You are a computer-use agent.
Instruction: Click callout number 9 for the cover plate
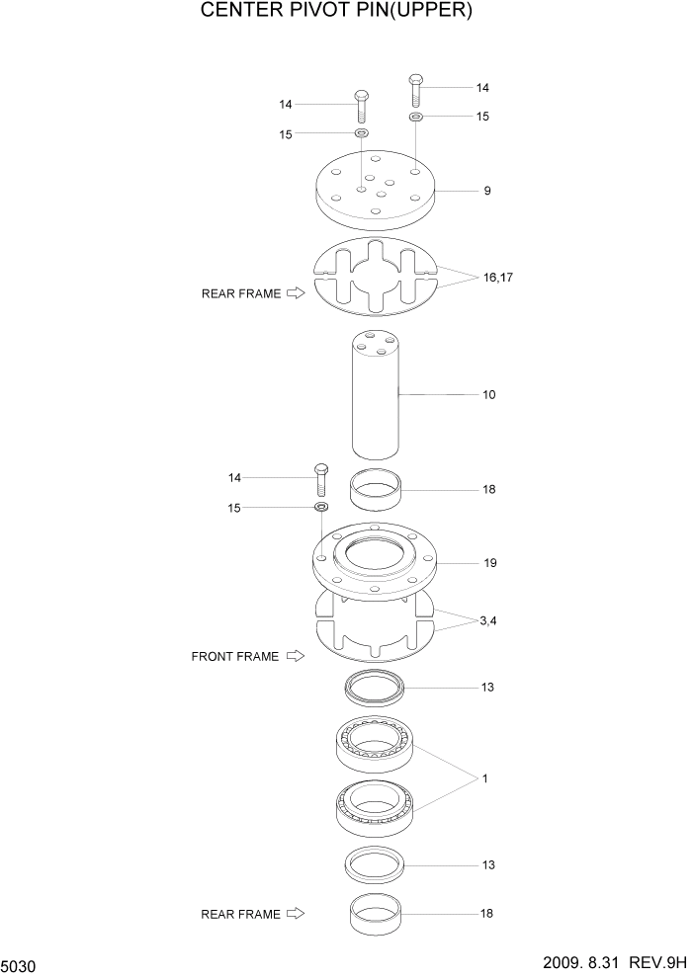coord(487,190)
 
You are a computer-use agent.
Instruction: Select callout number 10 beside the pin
coord(488,395)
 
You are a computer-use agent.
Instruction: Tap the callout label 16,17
coord(498,278)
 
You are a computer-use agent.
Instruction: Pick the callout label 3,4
coord(488,621)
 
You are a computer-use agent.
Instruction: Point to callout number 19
coord(490,563)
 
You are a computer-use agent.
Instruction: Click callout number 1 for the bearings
coord(485,779)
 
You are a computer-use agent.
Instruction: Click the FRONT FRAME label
coord(235,656)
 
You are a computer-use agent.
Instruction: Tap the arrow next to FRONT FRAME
coord(295,656)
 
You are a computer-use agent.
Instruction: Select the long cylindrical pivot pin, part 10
coord(376,395)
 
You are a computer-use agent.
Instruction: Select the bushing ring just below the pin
coord(378,490)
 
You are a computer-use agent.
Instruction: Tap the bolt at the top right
coord(416,90)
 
